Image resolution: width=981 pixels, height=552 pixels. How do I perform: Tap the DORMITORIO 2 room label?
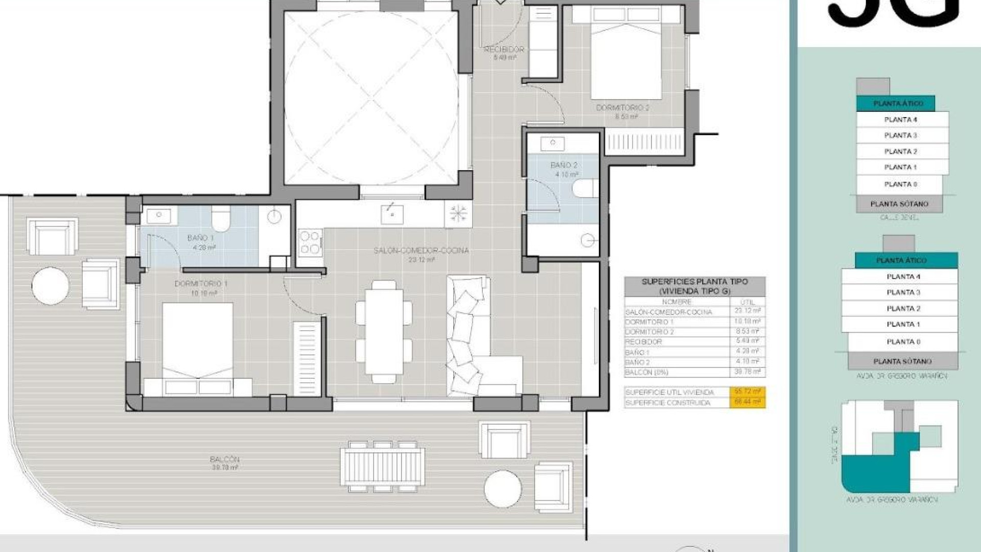tap(622, 108)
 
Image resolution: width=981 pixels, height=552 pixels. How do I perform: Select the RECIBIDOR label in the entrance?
tap(504, 50)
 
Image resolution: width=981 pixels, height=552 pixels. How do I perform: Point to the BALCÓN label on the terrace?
tap(224, 459)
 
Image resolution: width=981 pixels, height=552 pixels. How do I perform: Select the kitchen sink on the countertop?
tap(392, 214)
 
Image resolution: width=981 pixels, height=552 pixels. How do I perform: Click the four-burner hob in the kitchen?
tap(310, 242)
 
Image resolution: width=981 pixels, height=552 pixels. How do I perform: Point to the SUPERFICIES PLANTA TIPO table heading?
tap(694, 286)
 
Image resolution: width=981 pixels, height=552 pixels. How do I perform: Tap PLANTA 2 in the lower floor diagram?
tap(903, 308)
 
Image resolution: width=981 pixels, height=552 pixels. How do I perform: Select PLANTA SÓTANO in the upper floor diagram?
tap(899, 204)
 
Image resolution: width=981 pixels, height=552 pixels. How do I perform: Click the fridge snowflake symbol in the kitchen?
tap(458, 213)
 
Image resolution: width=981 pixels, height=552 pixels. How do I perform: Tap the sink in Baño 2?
tap(552, 144)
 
